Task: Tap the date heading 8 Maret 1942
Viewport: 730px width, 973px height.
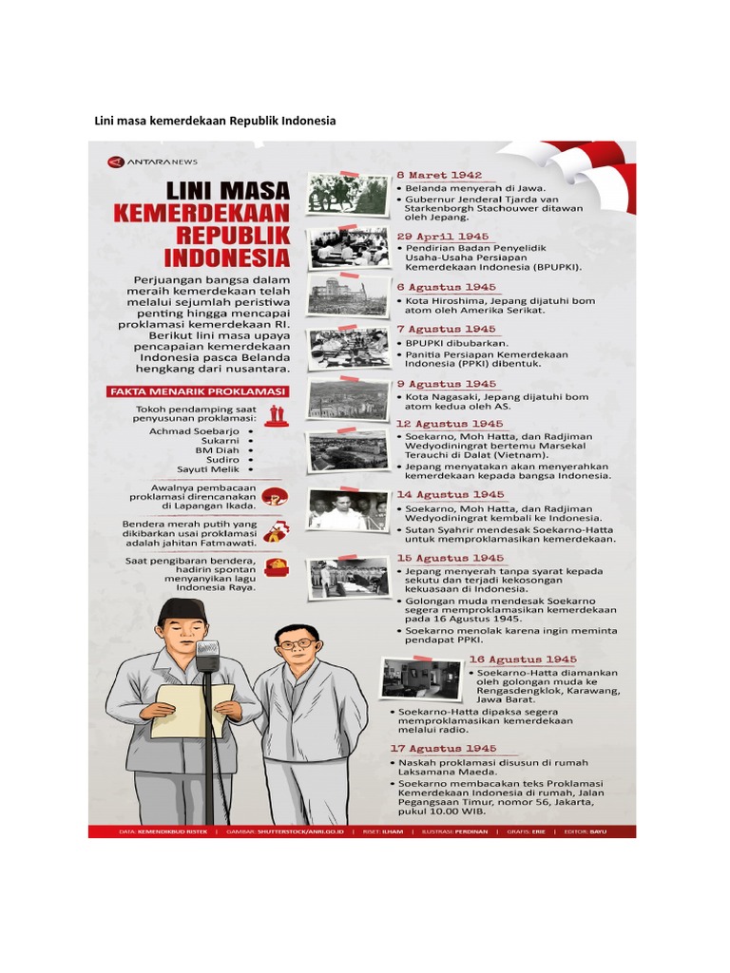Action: click(439, 176)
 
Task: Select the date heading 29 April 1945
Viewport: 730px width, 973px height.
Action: click(443, 236)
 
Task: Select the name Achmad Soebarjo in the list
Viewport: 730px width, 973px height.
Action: click(197, 431)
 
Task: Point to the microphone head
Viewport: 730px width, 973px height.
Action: click(207, 654)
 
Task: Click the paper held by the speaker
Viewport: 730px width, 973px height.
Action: click(192, 710)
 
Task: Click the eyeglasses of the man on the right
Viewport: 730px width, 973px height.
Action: click(298, 644)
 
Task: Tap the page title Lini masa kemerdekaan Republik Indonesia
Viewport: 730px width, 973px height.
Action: click(215, 122)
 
